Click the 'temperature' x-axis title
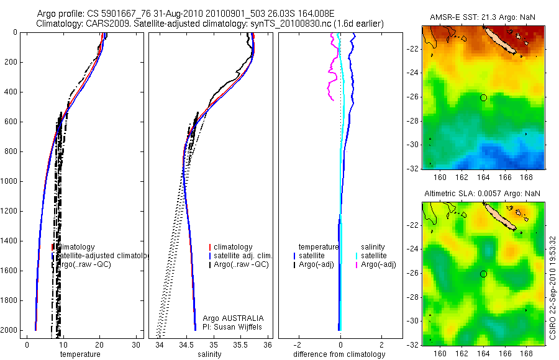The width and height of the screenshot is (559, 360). [x=80, y=354]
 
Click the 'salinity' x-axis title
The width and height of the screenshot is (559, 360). [x=209, y=354]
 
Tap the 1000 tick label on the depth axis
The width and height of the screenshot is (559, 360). [x=9, y=181]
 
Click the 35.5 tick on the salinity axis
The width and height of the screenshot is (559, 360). [x=241, y=344]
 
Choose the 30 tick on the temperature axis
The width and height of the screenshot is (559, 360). [x=137, y=344]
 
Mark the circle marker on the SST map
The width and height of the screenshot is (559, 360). [x=483, y=97]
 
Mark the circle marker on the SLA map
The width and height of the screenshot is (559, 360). [x=483, y=274]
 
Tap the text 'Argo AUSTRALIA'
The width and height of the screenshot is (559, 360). [x=229, y=318]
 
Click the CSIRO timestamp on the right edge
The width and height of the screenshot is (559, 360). [x=553, y=286]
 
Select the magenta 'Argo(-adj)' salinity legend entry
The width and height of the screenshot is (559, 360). [x=378, y=265]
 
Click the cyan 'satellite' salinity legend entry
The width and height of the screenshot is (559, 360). [x=375, y=256]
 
